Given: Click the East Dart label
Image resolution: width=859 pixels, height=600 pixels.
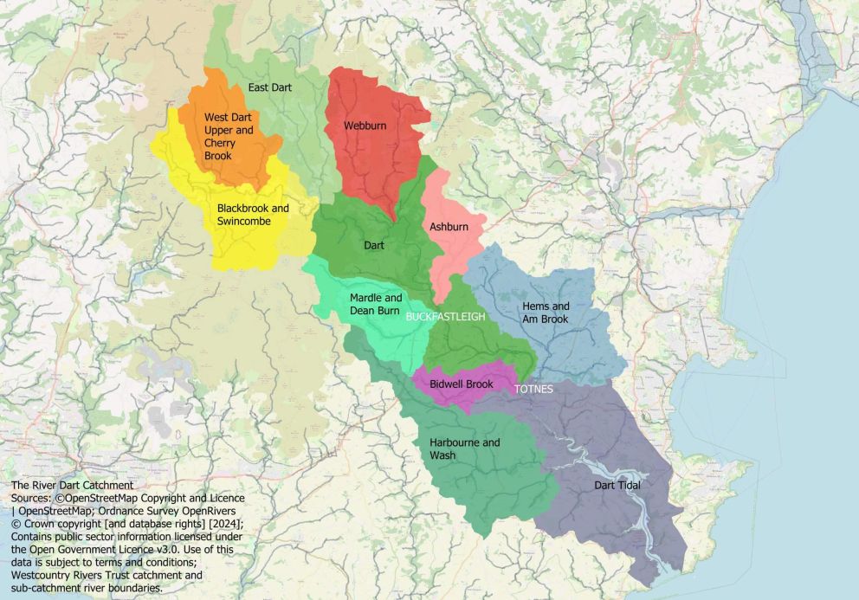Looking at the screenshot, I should coord(269,87).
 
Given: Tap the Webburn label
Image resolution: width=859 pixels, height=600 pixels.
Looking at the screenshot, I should coord(365,126).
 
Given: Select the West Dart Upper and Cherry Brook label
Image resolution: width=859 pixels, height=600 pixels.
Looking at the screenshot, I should coord(229,137).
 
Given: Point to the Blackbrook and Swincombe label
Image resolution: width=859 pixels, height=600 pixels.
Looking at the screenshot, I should coord(253,215).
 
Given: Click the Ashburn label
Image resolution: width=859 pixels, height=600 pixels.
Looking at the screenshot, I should coord(449,227).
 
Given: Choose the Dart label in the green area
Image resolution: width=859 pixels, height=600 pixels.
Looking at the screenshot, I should coord(373,246).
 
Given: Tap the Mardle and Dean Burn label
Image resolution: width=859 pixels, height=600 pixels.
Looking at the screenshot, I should coord(374,304).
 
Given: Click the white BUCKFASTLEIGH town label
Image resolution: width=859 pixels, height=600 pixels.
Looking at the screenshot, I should coord(445,317).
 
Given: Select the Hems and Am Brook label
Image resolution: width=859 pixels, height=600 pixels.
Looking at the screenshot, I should coord(546,313).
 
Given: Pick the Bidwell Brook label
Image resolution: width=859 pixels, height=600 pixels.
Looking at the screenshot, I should coord(461,384).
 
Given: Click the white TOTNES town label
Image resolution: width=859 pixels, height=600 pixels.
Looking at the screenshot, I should coord(533,390).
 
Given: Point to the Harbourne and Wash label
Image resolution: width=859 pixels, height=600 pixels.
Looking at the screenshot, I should coord(464,448).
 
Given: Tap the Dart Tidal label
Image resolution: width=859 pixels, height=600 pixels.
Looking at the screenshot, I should coord(617,486).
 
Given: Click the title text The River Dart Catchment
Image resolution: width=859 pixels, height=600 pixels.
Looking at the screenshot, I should coord(72,486).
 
